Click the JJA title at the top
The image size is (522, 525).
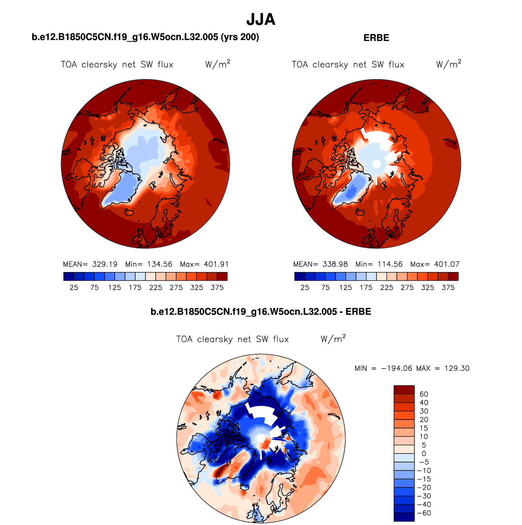coord(261,20)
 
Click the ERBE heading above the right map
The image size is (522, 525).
coord(376,38)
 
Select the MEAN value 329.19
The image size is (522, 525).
coord(105,264)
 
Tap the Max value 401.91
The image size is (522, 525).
coord(216,264)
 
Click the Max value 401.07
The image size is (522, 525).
coord(447,264)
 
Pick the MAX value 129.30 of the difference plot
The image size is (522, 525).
coord(457,368)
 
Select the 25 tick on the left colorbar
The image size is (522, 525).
coord(74,288)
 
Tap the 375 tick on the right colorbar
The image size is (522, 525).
coord(448,288)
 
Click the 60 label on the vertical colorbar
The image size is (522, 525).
coord(424,394)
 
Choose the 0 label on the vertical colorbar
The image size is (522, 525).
coord(424,454)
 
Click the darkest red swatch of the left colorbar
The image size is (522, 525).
coord(222,276)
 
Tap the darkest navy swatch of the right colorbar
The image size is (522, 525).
coord(299,276)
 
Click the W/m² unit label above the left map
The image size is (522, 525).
coord(217,64)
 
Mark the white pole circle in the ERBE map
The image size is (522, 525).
coord(376,164)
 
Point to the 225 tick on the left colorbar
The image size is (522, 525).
coord(156,288)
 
